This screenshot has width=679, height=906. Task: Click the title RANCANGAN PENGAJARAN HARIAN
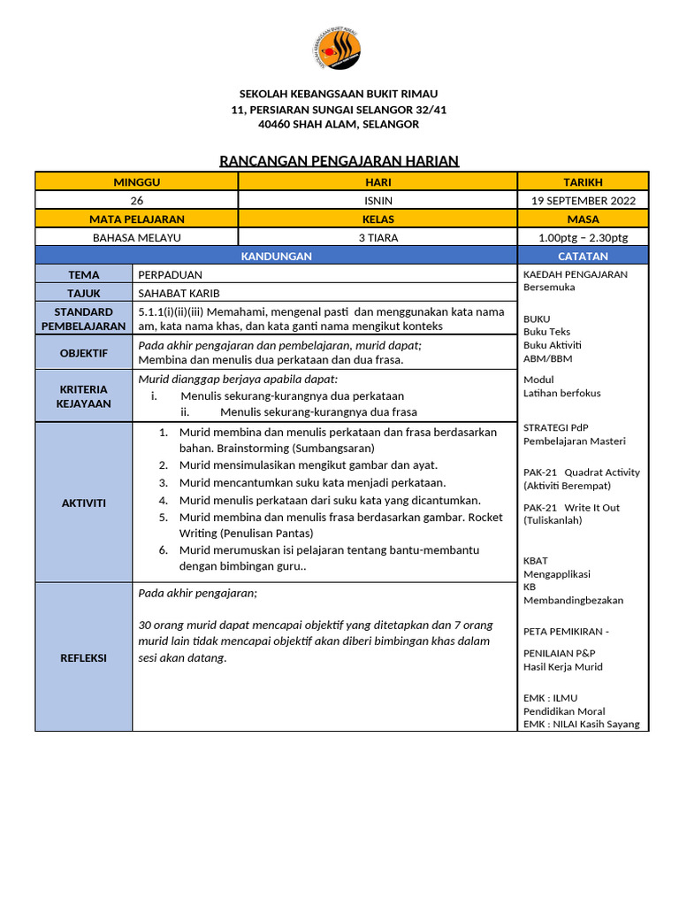tap(339, 160)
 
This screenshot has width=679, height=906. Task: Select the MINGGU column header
tap(137, 181)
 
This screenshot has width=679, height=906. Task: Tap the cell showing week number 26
tap(137, 200)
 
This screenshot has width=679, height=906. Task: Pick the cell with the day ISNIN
tap(378, 200)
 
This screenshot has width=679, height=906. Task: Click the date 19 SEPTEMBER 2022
tap(583, 200)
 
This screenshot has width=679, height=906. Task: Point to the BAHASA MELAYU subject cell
tap(137, 237)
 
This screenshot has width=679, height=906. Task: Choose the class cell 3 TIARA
tap(378, 237)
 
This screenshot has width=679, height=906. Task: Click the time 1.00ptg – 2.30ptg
tap(583, 237)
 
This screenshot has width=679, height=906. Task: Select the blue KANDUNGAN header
tap(276, 256)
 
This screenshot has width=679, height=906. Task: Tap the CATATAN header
tap(583, 256)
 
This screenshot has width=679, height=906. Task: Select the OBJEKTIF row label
tap(83, 352)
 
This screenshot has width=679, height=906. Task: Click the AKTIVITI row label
tap(83, 503)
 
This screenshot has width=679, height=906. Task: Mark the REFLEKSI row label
tap(83, 657)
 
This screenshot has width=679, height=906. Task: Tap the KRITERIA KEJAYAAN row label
tap(83, 395)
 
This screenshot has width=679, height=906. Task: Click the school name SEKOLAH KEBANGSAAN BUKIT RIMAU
tap(339, 94)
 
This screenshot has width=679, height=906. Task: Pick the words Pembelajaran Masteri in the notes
tap(574, 441)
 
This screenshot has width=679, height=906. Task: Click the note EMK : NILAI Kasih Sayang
tap(581, 724)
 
